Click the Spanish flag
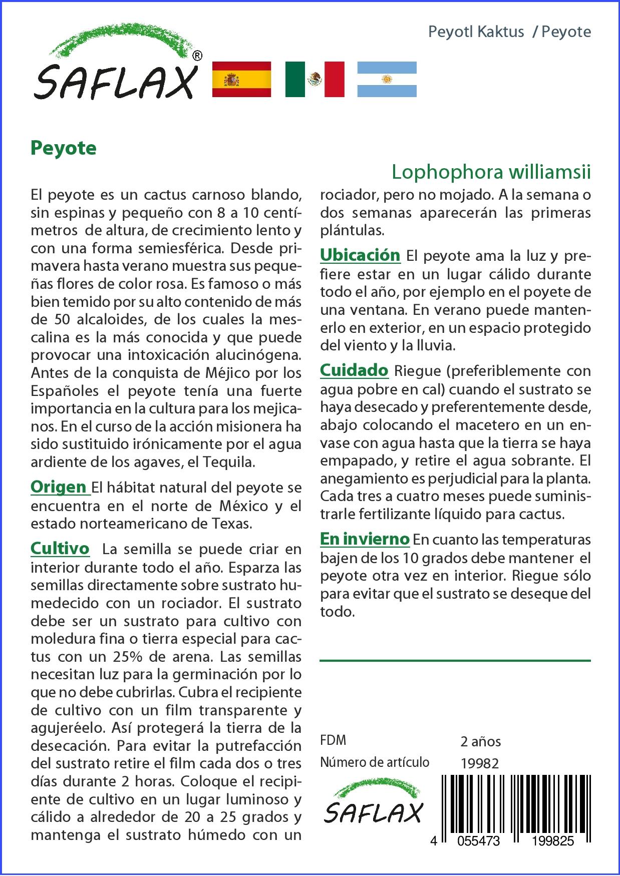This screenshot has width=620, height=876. [x=241, y=79]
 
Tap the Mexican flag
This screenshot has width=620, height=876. [x=315, y=79]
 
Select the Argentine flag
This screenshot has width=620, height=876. [x=387, y=79]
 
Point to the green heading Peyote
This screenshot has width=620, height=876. [x=64, y=148]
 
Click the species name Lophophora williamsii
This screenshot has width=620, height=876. [x=491, y=172]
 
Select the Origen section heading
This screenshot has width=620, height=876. [x=59, y=487]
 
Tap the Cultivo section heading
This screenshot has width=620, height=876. [x=60, y=549]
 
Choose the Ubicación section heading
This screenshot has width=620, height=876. [x=360, y=255]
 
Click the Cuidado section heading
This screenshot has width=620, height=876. [x=354, y=370]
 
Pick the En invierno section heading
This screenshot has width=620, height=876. [x=365, y=539]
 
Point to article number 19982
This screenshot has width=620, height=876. [x=479, y=763]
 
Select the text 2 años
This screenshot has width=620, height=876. [x=480, y=741]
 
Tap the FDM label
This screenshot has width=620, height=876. [x=333, y=740]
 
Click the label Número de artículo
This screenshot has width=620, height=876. [x=375, y=762]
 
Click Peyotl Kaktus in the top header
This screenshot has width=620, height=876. [x=476, y=32]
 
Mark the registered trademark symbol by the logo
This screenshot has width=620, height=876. [x=197, y=56]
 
